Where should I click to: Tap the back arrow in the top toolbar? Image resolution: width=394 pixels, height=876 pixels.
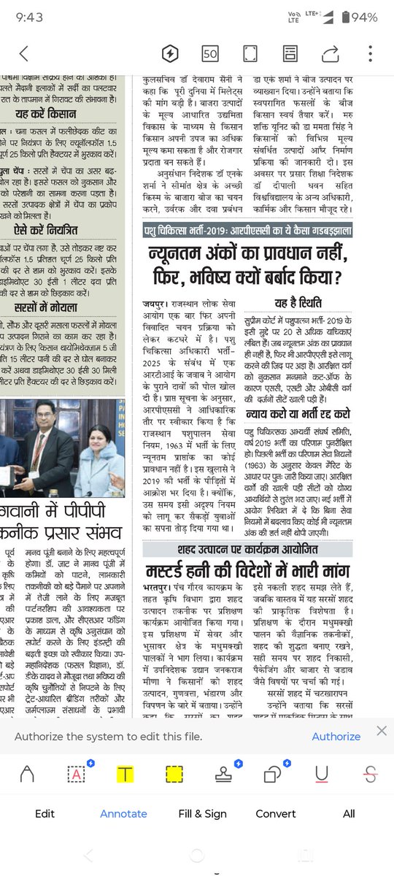tap(24, 53)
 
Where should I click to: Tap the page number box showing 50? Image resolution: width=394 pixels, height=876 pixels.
tap(210, 53)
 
